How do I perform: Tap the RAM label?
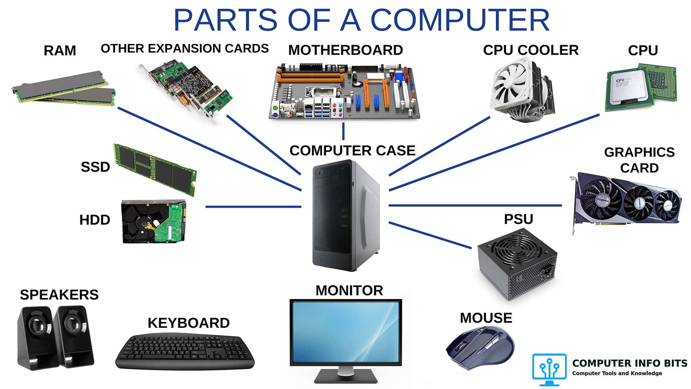[60, 51]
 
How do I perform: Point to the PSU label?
[518, 219]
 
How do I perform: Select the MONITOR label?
[349, 291]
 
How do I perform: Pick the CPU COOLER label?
[531, 50]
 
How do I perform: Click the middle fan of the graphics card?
[639, 203]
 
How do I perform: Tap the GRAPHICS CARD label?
[639, 160]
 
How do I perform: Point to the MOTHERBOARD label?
[345, 50]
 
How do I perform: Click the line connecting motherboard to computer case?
[343, 131]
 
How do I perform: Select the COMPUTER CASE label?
[352, 151]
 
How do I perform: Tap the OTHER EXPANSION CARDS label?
[185, 49]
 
